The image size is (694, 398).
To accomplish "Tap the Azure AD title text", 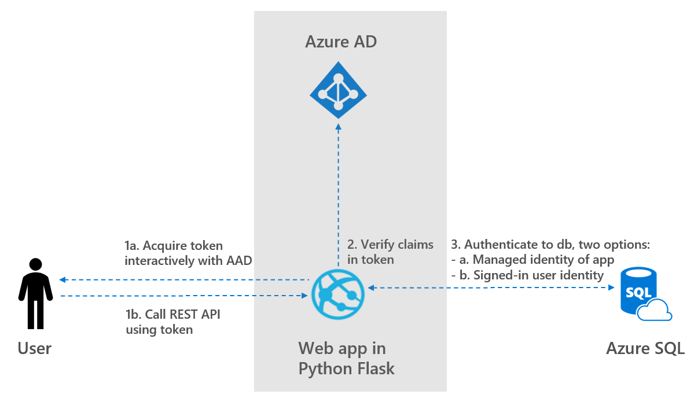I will pos(341,42).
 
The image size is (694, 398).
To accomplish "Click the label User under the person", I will pos(35,348).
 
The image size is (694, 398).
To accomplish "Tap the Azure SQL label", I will pos(645,348).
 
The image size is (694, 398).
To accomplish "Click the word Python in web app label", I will pos(325,368).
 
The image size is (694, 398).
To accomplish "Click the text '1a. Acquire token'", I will pos(174,245).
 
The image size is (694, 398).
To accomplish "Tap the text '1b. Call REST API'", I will pos(173,315).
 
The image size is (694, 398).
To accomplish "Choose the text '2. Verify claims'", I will pos(390,245).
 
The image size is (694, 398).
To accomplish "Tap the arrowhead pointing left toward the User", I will pos(63,280).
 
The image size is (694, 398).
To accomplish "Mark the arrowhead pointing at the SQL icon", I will pos(610,287).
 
